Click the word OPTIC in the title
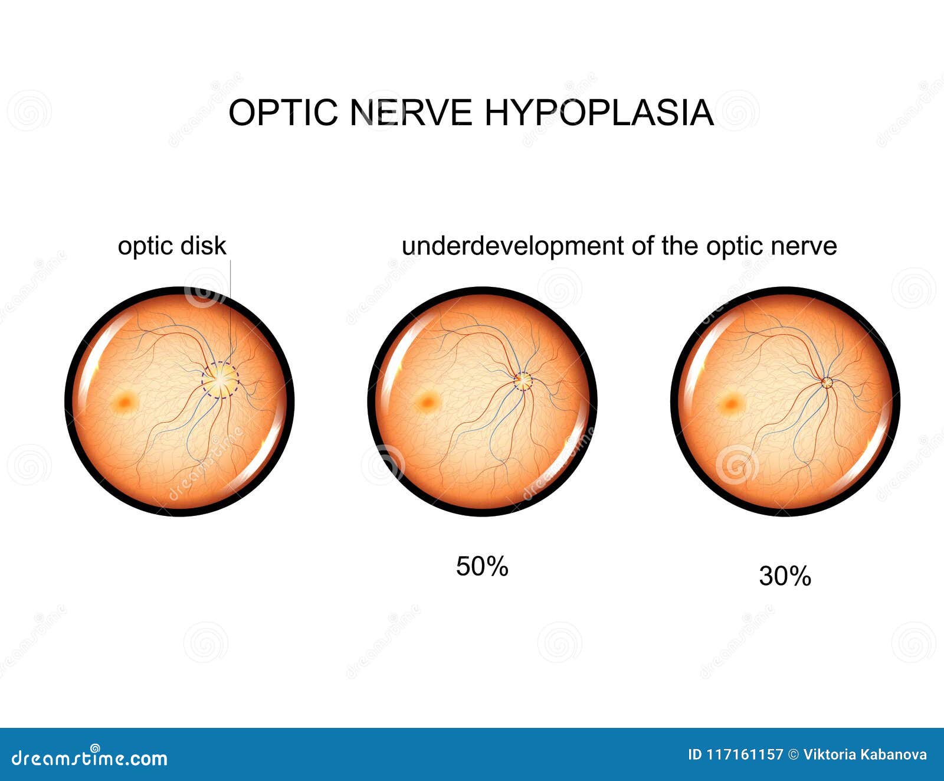[284, 112]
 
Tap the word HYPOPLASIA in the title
[599, 112]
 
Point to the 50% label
[482, 567]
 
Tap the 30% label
[785, 576]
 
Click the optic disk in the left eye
[220, 380]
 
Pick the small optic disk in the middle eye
[523, 381]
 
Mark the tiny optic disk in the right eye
[827, 383]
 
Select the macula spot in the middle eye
[427, 403]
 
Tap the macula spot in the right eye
[731, 404]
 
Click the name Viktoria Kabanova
[865, 754]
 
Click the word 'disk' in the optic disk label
[204, 246]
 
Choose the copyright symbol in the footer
[793, 754]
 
